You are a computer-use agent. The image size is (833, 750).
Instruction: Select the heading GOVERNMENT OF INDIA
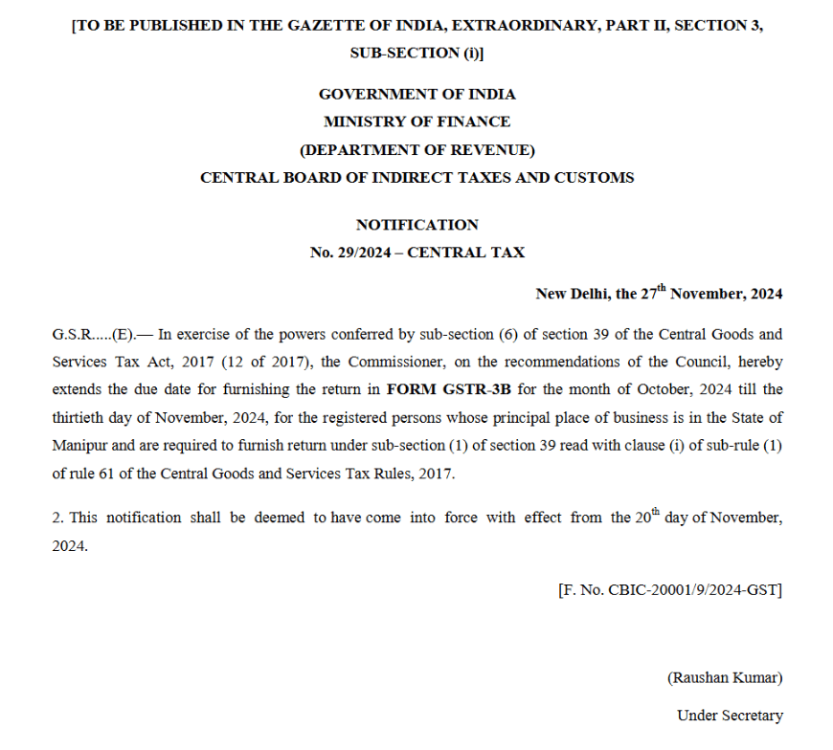coord(416,94)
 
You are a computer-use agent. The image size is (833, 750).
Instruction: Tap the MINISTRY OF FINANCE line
coord(416,121)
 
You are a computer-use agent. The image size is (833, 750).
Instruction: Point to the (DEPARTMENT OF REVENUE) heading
coord(416,149)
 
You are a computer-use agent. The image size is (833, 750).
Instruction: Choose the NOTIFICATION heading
coord(416,225)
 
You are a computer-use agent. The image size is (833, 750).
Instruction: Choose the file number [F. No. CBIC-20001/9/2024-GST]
coord(669,590)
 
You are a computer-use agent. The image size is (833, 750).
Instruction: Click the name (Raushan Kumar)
coord(725,677)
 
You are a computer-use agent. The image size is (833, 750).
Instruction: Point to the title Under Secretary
coord(730,715)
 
